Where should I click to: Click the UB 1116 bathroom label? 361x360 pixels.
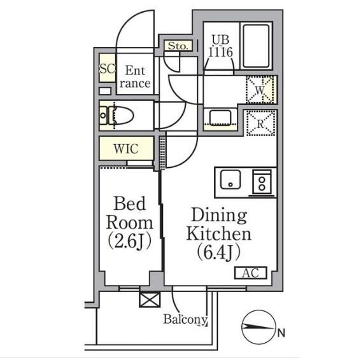tap(220, 46)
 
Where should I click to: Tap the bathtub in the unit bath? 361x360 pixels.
tap(256, 46)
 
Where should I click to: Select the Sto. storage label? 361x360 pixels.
tap(178, 46)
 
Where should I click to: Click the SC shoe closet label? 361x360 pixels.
tap(107, 68)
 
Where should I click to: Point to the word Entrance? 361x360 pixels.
tap(135, 76)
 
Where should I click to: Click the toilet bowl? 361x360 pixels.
tap(123, 116)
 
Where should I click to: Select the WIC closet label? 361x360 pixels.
tap(126, 149)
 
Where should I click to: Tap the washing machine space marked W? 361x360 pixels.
tap(260, 90)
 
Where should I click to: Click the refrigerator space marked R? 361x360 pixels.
tap(261, 123)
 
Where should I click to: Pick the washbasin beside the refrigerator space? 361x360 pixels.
tap(220, 118)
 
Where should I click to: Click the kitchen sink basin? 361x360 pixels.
tap(230, 179)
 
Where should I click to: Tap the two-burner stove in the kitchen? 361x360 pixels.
tap(262, 182)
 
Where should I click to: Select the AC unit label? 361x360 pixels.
tap(250, 273)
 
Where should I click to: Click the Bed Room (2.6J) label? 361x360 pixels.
tap(129, 223)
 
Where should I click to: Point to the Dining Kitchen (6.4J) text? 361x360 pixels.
tap(218, 234)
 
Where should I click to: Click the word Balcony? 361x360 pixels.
tap(185, 319)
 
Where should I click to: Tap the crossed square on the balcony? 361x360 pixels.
tap(150, 300)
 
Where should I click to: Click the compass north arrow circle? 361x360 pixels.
tap(258, 327)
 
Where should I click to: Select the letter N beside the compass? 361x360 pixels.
tap(281, 333)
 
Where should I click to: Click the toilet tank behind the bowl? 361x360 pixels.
tap(103, 116)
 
